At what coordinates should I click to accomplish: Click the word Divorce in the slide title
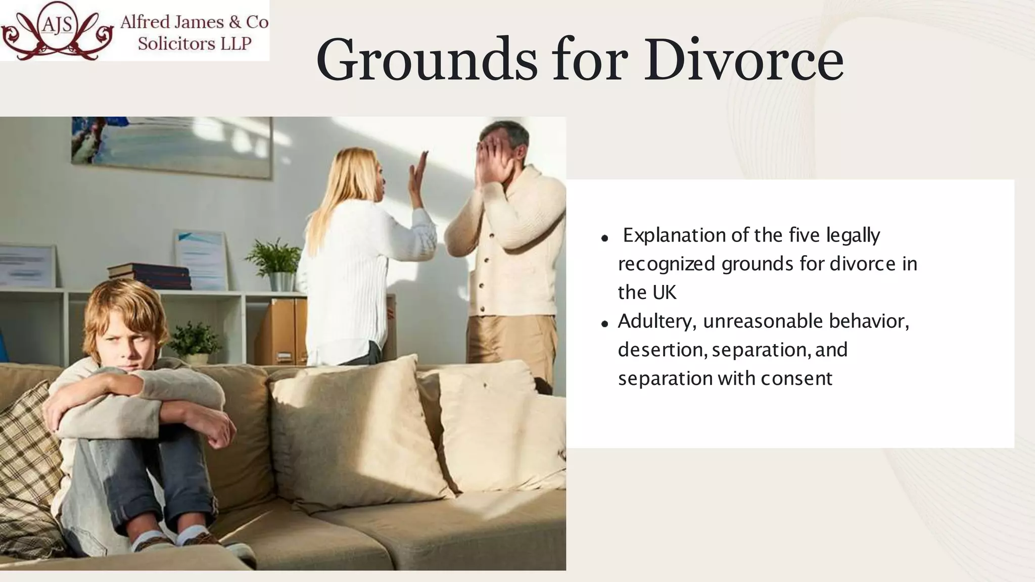[743, 60]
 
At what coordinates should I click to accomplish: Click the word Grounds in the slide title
[427, 60]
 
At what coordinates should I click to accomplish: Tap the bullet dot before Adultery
[604, 324]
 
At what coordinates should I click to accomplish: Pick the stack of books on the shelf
[150, 275]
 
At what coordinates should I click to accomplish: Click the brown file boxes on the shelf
[281, 331]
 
